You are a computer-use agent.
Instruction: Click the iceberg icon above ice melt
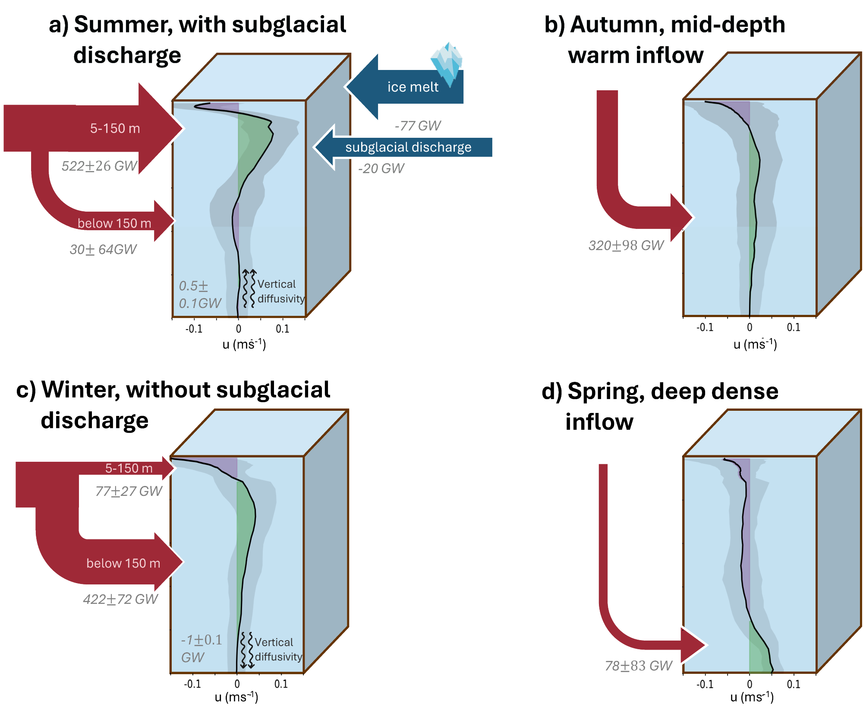447,63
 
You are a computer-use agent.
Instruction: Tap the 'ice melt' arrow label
413,87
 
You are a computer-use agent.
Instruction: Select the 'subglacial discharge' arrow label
408,147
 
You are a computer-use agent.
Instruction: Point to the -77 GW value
418,126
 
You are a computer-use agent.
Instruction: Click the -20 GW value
381,168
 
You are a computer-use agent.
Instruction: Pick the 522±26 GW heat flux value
99,166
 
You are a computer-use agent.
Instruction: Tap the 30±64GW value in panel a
103,249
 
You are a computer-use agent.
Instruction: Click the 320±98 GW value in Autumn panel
626,245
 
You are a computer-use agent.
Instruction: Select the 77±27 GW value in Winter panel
129,491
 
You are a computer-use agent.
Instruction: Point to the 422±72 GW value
120,599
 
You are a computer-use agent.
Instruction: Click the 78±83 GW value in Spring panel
638,666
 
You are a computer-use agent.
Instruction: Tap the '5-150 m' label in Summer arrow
115,128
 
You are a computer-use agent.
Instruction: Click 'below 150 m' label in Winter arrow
123,563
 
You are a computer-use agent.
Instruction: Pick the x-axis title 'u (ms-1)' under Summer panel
244,344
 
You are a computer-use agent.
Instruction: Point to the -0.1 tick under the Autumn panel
705,327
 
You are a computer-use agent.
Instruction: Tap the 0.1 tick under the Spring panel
794,684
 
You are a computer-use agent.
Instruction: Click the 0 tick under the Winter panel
237,684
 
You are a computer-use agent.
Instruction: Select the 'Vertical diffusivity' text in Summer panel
280,292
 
